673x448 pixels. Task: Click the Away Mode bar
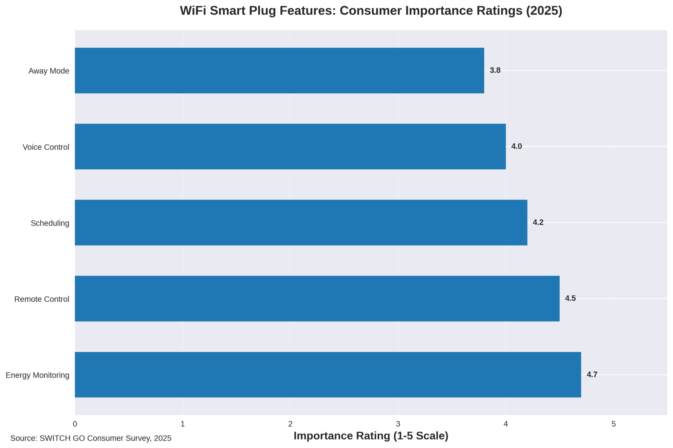279,70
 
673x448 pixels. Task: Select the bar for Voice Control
290,147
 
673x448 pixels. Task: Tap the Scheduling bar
301,223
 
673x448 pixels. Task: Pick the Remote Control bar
317,298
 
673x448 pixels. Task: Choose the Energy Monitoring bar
328,375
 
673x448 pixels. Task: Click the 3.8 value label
495,70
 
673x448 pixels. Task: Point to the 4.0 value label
516,147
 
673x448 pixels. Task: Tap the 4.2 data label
538,223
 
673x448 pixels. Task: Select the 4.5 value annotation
570,298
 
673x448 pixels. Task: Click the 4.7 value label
592,375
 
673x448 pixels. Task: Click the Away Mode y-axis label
49,71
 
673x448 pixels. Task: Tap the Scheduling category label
50,223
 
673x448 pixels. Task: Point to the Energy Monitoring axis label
37,375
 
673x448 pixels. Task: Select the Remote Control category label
42,299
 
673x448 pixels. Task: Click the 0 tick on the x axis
75,424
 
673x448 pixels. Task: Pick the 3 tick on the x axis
398,424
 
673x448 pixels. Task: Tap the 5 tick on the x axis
613,424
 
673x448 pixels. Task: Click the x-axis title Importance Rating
371,436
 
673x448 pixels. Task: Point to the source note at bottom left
91,438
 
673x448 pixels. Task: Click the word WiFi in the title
193,11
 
